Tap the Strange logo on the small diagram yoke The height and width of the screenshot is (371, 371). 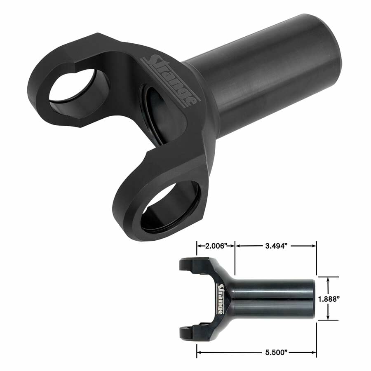221,298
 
